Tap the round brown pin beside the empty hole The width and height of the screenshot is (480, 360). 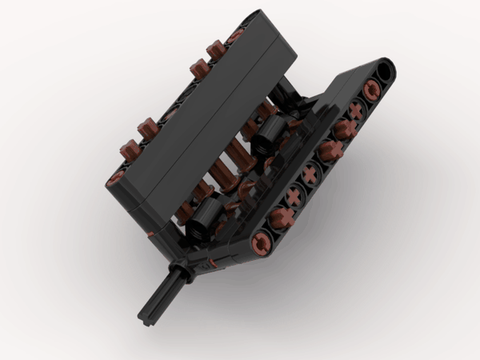371,90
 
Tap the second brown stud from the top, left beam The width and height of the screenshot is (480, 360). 196,69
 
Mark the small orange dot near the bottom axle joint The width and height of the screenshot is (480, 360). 211,262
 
